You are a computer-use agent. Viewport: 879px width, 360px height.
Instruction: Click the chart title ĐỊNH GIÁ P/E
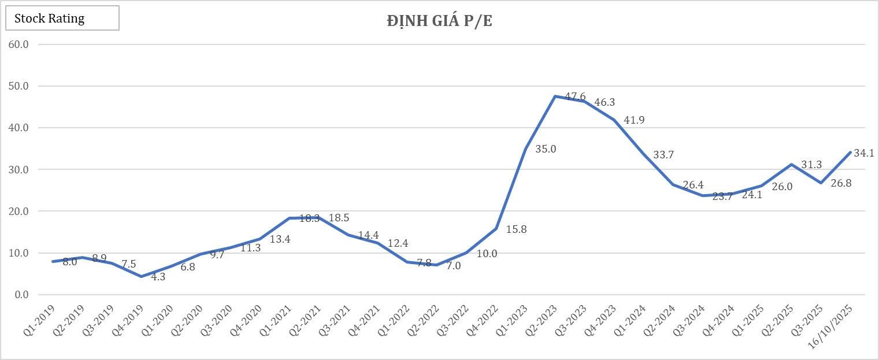(x=439, y=21)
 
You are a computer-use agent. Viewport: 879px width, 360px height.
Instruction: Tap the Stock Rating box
(x=62, y=18)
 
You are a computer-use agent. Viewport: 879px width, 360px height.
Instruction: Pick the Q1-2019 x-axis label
(x=43, y=316)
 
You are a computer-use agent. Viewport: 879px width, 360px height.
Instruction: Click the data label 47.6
(x=575, y=97)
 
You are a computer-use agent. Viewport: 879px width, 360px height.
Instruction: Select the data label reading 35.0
(x=546, y=149)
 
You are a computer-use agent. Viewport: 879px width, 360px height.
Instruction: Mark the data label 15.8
(x=516, y=229)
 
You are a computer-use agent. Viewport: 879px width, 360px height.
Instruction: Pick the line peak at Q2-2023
(x=555, y=96)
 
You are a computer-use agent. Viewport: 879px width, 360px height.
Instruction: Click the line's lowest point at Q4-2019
(x=141, y=276)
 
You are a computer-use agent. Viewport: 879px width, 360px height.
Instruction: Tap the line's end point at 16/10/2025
(x=850, y=152)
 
